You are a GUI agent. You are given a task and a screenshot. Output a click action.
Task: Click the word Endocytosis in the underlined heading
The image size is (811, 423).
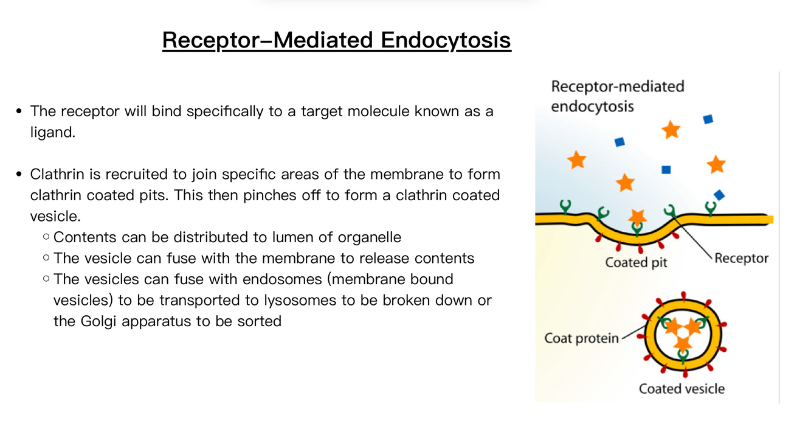[446, 40]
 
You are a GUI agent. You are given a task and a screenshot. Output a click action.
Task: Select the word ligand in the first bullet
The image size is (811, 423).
[52, 132]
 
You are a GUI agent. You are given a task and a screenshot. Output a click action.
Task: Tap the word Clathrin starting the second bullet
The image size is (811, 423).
[58, 175]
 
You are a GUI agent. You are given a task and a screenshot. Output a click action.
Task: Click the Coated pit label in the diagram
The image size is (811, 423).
[636, 262]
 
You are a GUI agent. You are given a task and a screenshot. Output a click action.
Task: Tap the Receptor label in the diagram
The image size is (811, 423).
[741, 258]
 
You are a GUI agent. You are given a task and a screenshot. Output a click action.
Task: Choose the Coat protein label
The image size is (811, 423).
[581, 338]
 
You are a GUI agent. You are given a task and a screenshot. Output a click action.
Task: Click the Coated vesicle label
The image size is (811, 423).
[682, 388]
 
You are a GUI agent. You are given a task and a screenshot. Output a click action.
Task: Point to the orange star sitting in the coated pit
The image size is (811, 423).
[637, 216]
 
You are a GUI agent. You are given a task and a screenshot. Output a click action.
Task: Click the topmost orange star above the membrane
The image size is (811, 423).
[671, 129]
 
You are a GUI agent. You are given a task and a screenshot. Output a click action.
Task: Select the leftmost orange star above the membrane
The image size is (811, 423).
[576, 159]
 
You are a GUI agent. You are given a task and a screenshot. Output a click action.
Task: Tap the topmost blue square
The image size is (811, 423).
[708, 119]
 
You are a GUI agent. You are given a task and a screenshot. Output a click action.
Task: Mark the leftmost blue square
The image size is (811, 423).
[619, 142]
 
